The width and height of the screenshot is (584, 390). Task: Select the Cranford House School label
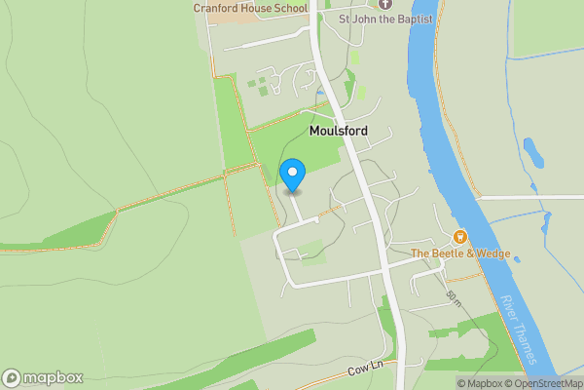[250, 8]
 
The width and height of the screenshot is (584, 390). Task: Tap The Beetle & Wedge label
[460, 254]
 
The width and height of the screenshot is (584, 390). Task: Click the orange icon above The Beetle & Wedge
[460, 237]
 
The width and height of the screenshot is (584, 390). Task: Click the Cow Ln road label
[367, 372]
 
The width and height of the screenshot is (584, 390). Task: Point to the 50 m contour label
[453, 296]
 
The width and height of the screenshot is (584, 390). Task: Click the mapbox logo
[43, 378]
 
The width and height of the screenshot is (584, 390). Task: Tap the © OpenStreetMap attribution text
[541, 382]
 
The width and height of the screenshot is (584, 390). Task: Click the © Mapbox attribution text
[477, 382]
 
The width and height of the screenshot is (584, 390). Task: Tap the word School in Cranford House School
[289, 8]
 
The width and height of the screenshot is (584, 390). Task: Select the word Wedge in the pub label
[491, 254]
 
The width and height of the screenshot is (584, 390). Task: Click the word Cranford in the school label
[216, 8]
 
